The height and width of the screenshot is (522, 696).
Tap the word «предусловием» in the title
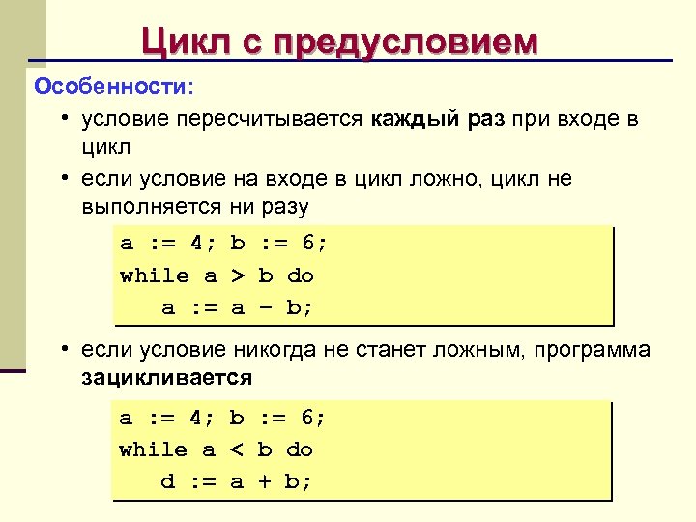(x=406, y=43)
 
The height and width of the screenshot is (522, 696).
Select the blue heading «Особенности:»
(x=114, y=87)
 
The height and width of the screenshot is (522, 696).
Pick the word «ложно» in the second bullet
(x=446, y=179)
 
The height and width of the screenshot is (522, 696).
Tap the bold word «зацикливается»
(x=166, y=378)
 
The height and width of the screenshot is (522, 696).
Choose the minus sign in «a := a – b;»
(x=265, y=308)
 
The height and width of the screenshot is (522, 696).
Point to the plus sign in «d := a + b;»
(x=264, y=481)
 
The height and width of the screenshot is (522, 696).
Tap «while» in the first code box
(x=155, y=275)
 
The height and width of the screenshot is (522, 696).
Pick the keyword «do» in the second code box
(x=301, y=449)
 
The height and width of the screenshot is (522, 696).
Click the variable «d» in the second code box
(x=167, y=481)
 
